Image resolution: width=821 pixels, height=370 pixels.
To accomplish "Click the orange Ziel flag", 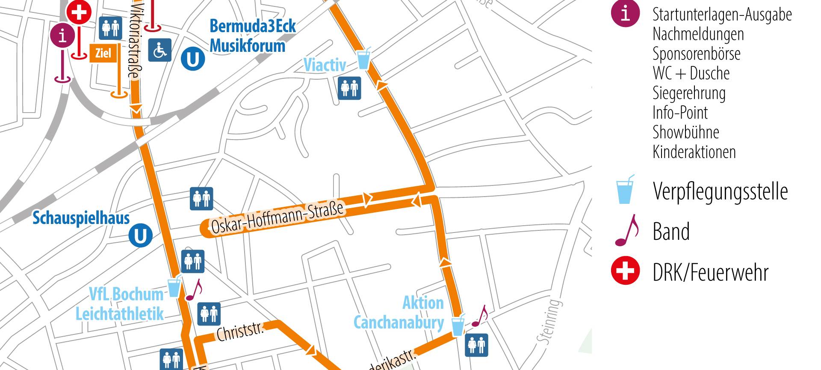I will (x=103, y=54).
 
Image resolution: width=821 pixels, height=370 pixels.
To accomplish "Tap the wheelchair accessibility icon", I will (x=159, y=50).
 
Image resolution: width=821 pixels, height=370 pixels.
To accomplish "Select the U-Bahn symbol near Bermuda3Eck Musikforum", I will (x=192, y=59).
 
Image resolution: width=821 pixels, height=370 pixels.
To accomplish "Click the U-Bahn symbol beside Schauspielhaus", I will (x=141, y=236).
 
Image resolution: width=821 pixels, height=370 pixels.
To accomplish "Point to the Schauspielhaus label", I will (x=81, y=218).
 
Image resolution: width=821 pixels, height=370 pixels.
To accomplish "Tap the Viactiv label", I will (x=325, y=65).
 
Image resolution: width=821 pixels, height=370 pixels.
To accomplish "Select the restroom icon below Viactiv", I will (x=349, y=88).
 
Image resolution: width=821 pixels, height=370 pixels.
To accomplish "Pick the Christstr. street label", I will (x=240, y=331).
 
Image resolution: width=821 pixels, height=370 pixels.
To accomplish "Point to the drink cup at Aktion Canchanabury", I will (x=458, y=325).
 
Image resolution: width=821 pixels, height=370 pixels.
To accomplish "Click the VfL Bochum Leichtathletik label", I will (x=120, y=304).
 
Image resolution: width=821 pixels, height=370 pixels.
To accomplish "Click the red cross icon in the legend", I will (x=625, y=271).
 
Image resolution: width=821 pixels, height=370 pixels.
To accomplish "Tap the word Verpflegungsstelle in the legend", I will (x=720, y=191).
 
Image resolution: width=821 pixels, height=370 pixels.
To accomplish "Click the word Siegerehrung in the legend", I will (x=689, y=93).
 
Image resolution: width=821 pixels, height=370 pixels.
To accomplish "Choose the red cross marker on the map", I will (x=79, y=12).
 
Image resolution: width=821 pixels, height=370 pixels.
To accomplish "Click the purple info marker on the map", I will (x=63, y=36).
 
